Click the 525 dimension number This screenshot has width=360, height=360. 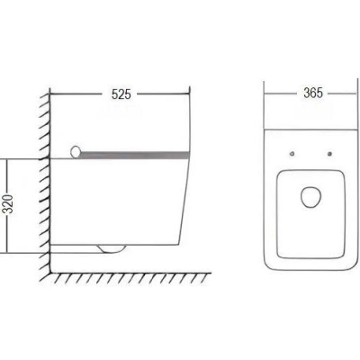(121, 94)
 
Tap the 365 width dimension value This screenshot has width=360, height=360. (313, 93)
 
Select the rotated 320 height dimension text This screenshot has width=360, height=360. (10, 204)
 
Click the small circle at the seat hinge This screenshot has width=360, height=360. (76, 152)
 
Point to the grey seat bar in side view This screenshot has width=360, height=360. (135, 155)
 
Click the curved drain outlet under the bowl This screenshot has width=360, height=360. (112, 248)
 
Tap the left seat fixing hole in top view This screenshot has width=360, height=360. (292, 154)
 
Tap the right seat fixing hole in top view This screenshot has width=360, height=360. (330, 154)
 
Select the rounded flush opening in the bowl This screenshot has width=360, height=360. (311, 197)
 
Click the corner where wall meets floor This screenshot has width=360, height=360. (50, 273)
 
